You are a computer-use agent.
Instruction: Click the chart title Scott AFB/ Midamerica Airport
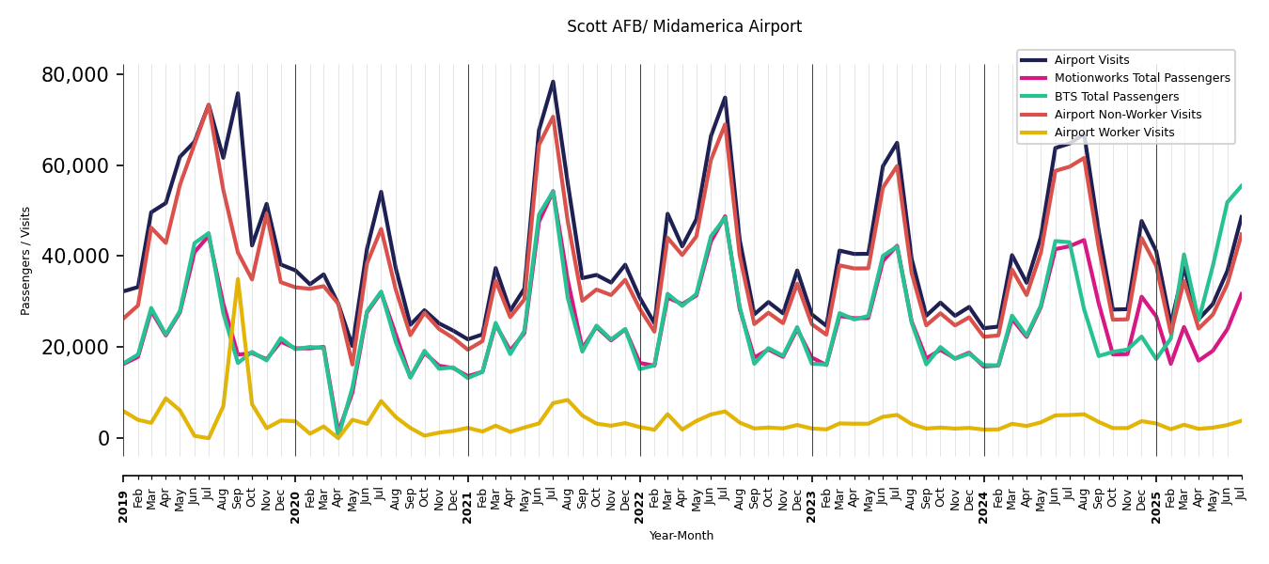(683, 27)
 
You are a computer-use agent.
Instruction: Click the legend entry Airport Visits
(1091, 60)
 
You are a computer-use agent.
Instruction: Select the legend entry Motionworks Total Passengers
(1141, 78)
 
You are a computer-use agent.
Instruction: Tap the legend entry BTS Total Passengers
(1116, 97)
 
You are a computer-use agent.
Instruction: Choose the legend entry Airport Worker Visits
(1114, 133)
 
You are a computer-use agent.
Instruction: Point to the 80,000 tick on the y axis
(82, 75)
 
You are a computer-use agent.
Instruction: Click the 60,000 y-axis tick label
(82, 165)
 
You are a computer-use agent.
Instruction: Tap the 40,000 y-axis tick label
(82, 257)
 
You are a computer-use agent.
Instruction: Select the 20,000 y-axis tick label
(82, 348)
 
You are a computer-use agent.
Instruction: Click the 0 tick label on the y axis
(104, 439)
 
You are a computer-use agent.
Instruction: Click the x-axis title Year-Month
(681, 536)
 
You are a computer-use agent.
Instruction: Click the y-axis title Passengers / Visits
(25, 260)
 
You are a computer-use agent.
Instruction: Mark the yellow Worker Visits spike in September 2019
(238, 279)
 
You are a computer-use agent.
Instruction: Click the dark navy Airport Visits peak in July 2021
(553, 82)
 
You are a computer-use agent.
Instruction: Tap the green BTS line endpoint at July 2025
(1241, 186)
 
